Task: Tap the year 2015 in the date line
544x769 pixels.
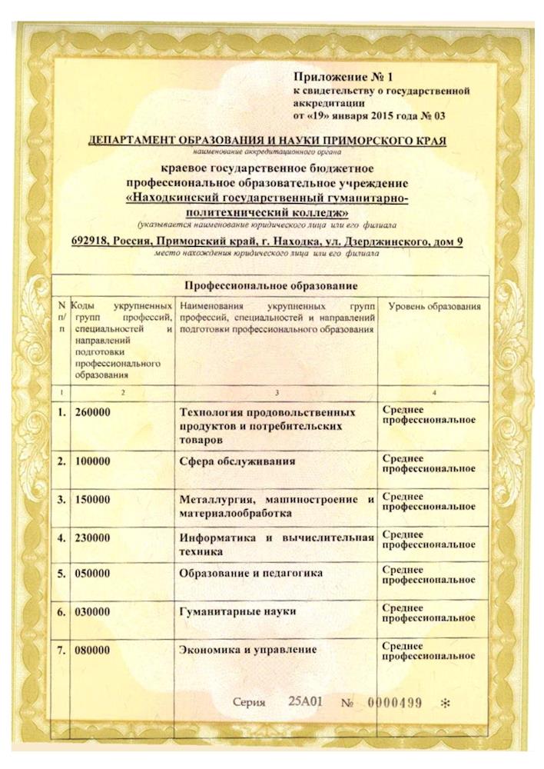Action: (382, 117)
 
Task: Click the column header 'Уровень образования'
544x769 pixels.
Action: (434, 307)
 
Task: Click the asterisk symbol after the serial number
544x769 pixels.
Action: (444, 704)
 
